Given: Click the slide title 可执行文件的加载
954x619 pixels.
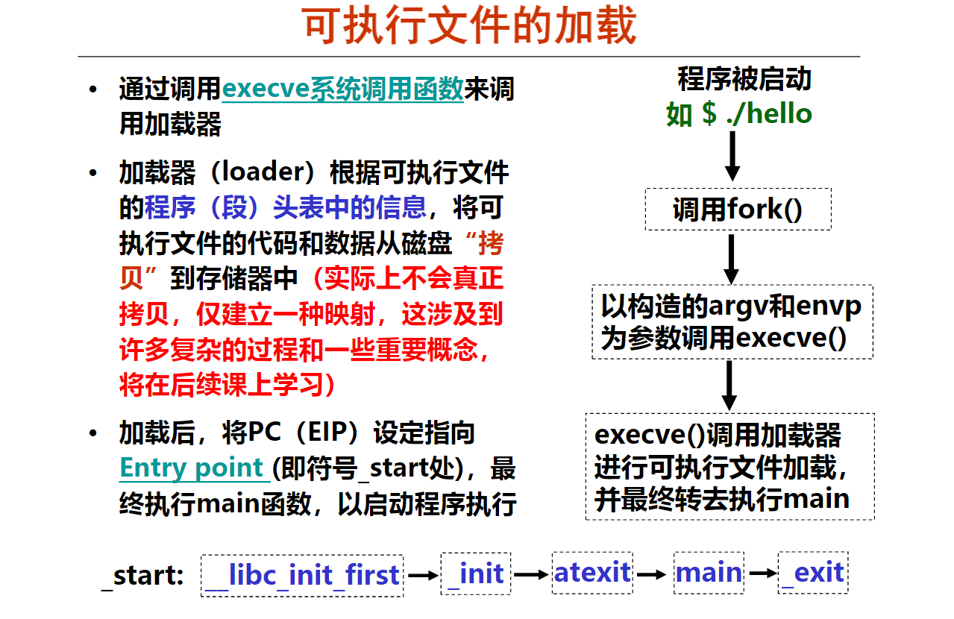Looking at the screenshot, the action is (x=469, y=25).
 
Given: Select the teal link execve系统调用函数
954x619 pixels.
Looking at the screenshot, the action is (x=342, y=89).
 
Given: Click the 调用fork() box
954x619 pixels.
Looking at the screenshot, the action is (x=738, y=209).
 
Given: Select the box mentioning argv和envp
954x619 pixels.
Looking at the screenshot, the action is (x=732, y=322).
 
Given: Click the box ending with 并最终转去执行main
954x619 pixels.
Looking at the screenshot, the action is (x=730, y=467).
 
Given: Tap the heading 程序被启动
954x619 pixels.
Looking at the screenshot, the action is (x=744, y=79).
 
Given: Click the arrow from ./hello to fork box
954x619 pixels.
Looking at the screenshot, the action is (x=732, y=156).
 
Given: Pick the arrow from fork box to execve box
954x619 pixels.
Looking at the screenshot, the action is (x=731, y=259).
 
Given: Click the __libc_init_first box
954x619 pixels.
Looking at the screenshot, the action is (x=302, y=576).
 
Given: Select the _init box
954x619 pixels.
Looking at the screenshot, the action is (x=476, y=574).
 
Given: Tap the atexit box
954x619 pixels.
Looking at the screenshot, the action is (x=592, y=573).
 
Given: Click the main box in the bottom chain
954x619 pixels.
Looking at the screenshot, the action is (x=709, y=573).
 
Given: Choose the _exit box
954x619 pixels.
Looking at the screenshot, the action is (x=813, y=573).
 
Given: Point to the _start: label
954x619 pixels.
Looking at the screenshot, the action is (x=142, y=576).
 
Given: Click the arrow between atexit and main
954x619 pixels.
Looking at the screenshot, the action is (x=652, y=575).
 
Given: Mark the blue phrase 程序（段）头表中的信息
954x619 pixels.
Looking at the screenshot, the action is (x=286, y=207).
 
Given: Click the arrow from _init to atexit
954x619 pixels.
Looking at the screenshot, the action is (x=531, y=575).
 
